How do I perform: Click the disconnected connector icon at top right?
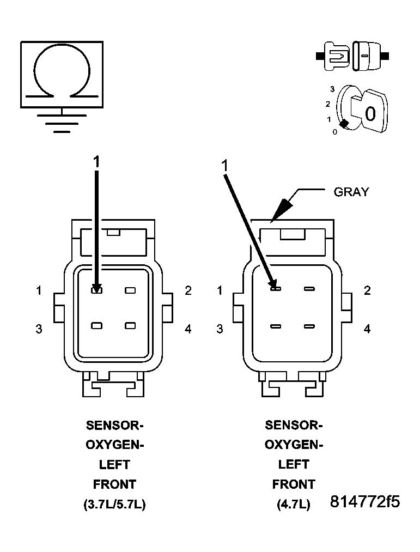coord(352,56)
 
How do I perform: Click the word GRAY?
coord(351,192)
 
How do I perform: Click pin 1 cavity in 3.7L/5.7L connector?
coord(96,290)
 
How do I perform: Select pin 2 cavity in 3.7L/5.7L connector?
coord(130,290)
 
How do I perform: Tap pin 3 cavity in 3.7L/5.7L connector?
coord(96,326)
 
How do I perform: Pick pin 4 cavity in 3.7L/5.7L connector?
coord(130,326)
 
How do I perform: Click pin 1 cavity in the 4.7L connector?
coord(275,288)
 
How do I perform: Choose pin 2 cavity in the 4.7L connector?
coord(309,288)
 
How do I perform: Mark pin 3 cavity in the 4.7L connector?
coord(275,326)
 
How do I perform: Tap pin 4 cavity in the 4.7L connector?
coord(309,326)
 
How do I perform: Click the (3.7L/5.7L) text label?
coord(114,505)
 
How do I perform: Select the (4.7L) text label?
coord(294,505)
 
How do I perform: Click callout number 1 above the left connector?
coord(96,161)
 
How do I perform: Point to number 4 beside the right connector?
coord(367,329)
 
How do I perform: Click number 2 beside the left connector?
coord(188,290)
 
